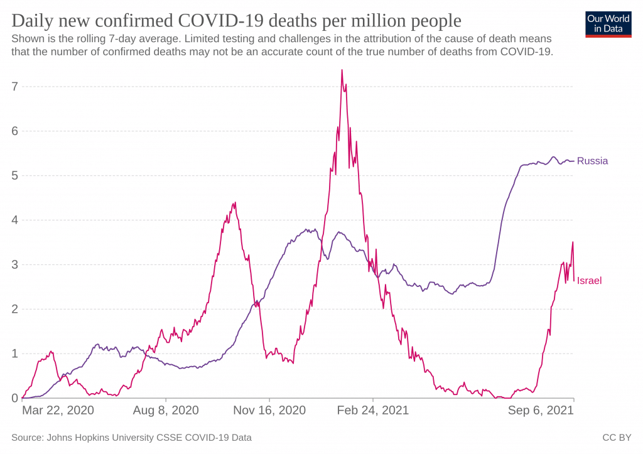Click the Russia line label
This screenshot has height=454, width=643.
tap(592, 161)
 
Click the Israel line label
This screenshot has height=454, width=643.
tap(589, 281)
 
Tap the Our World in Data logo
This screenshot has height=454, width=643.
tap(608, 24)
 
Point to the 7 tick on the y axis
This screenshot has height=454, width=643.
tap(15, 87)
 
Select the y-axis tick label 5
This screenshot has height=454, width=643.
tap(15, 176)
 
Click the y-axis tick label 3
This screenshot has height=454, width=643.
tap(15, 264)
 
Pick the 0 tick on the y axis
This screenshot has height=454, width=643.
tap(15, 398)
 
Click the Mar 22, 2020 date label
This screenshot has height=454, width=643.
tap(58, 410)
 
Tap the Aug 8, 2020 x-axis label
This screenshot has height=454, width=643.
tap(166, 410)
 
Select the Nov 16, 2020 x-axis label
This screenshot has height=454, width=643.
tap(269, 410)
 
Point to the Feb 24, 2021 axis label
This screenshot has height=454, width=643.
tap(373, 410)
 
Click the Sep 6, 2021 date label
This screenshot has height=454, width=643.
tap(541, 410)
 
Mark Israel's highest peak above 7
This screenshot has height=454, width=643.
tap(342, 70)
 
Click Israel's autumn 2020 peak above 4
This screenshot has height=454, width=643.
tap(235, 202)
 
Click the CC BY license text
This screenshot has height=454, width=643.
tap(617, 438)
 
